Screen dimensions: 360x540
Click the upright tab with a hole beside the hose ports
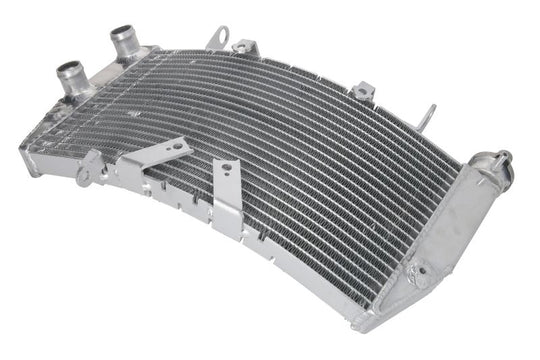click(x=217, y=39)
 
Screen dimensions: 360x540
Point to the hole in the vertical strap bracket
click(x=226, y=167)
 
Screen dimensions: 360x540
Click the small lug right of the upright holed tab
click(x=243, y=46)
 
